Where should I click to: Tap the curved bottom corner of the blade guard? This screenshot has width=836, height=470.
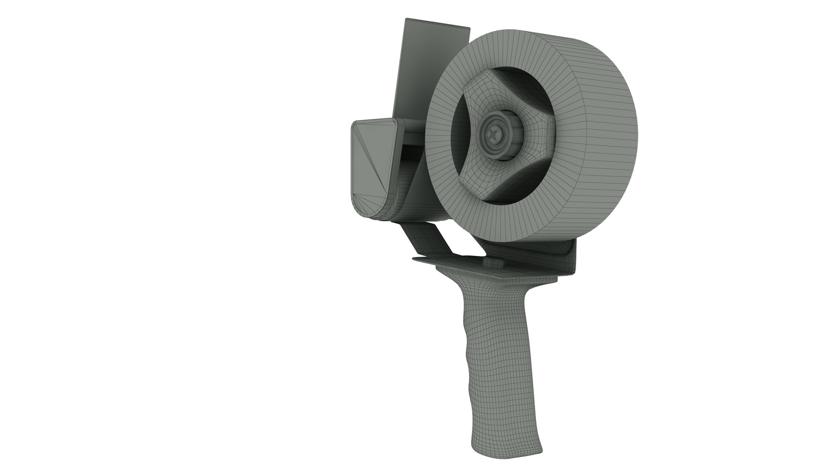tap(370, 211)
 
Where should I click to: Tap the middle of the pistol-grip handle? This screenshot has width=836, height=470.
tap(492, 361)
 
